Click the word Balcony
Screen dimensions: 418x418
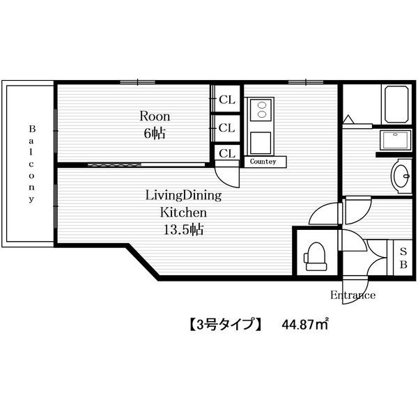coord(32,164)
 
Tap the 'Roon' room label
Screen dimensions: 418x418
coord(155,116)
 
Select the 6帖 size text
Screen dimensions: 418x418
coord(155,133)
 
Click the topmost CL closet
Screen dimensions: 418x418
coord(227,100)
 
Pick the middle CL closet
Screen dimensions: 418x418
coord(226,128)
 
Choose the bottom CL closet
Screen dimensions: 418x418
coord(227,153)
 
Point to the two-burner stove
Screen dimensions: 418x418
coord(261,110)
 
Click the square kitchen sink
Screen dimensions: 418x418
coord(261,143)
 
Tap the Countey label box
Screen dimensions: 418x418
coord(265,162)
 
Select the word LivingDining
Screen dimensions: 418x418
coord(183,196)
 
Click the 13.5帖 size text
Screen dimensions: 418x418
coord(183,229)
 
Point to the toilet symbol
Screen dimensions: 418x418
coord(316,256)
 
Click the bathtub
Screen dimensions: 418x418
coord(396,104)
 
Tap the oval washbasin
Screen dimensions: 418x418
coord(401,176)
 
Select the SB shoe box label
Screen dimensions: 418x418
coord(403,258)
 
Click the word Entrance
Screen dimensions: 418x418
coord(353,295)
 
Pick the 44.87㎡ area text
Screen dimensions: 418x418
coord(305,325)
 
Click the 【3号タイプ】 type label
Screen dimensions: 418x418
coord(226,325)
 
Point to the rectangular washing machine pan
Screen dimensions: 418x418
coord(395,141)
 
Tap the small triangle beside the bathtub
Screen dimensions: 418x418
coord(348,119)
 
